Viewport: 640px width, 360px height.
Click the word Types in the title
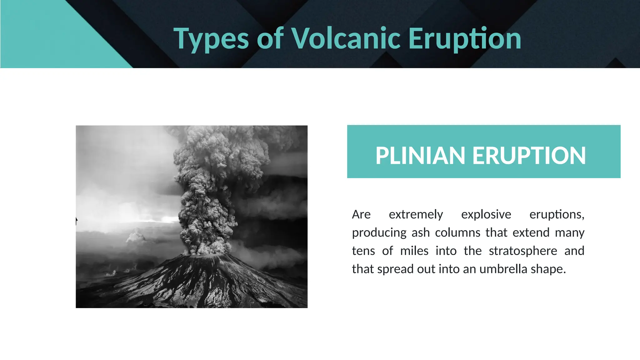pyautogui.click(x=211, y=39)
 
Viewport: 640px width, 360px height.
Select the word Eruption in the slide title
pyautogui.click(x=465, y=39)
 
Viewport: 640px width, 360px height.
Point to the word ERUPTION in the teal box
pyautogui.click(x=529, y=156)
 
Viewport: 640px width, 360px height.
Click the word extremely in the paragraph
pyautogui.click(x=416, y=215)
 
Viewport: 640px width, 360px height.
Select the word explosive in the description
pyautogui.click(x=486, y=215)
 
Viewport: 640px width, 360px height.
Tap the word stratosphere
pyautogui.click(x=523, y=251)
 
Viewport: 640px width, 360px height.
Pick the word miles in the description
pyautogui.click(x=414, y=251)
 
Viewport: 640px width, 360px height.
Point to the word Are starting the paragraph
pyautogui.click(x=361, y=215)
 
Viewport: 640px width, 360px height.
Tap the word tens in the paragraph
pyautogui.click(x=363, y=251)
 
